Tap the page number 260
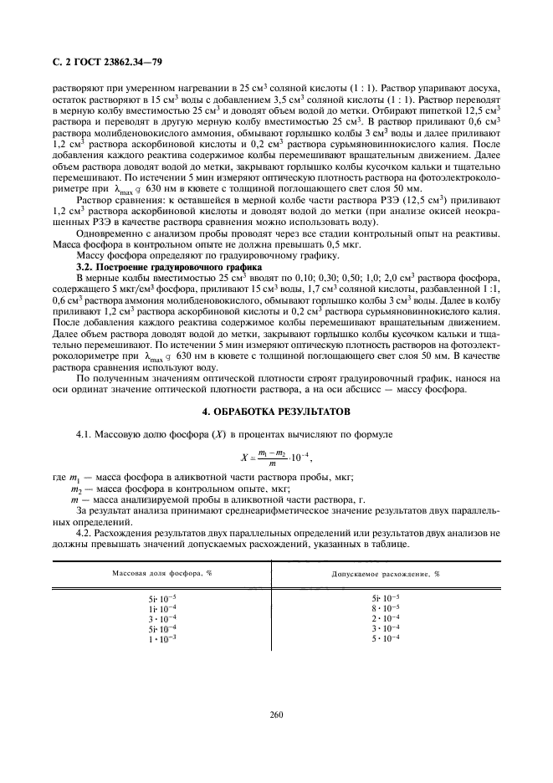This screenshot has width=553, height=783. (276, 714)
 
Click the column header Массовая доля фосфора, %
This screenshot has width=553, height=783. (162, 574)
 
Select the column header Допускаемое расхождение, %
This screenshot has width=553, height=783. (386, 574)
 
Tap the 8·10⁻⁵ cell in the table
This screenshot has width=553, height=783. (386, 608)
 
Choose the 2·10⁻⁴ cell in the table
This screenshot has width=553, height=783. (386, 618)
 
